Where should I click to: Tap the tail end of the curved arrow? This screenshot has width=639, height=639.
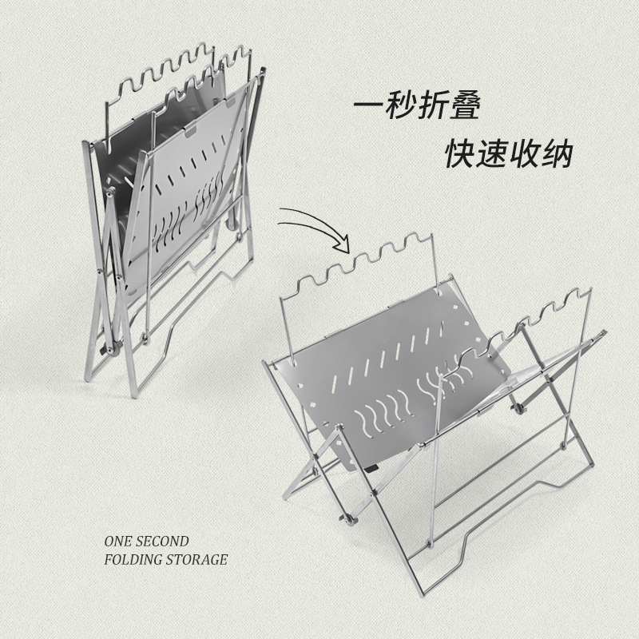281,211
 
